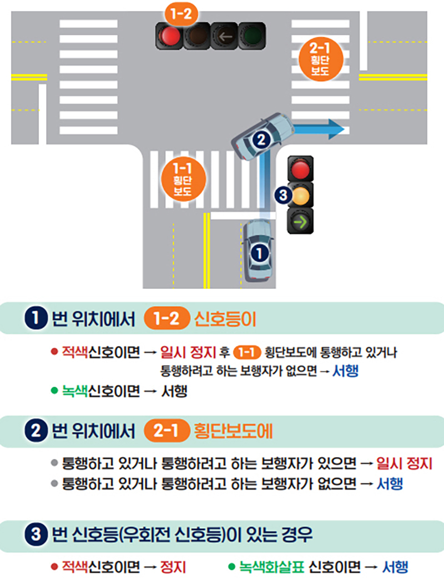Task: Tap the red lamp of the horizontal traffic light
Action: tap(170, 36)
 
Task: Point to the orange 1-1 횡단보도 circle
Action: tap(182, 179)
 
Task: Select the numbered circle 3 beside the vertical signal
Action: tap(282, 195)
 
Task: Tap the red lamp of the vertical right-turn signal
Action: tap(300, 168)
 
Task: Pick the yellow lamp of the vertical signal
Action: tap(300, 195)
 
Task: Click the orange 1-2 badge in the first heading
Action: tap(165, 319)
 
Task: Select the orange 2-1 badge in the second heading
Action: tap(165, 432)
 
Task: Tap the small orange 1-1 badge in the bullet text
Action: tap(245, 352)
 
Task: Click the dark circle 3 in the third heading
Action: tap(35, 536)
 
